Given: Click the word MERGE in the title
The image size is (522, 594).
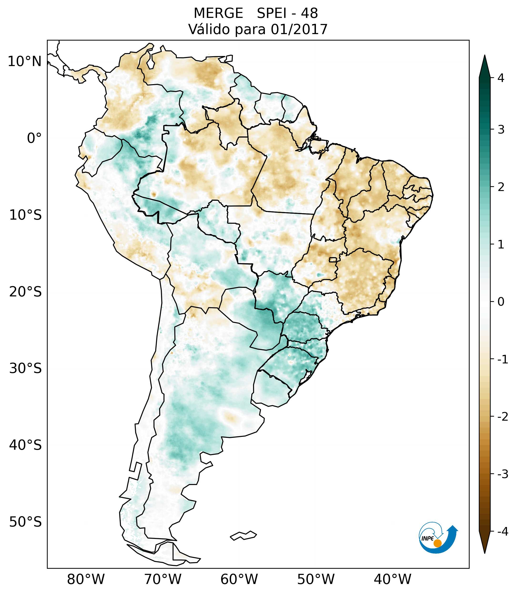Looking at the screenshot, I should tap(218, 13).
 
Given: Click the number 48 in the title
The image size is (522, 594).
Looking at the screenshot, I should tap(309, 13).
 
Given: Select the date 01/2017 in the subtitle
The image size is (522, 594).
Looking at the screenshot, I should tap(299, 29).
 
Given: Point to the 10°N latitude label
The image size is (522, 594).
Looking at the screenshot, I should tap(25, 62).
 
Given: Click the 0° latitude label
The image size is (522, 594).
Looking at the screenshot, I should tap(34, 138).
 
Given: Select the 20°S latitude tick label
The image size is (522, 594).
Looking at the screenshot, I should tap(25, 292).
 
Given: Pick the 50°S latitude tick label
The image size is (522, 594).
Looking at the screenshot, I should tap(25, 522).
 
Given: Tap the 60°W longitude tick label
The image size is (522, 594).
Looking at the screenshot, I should tap(239, 579).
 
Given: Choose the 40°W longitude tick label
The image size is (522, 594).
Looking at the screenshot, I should tap(393, 579).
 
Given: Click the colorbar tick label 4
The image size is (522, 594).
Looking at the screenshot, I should tap(501, 78).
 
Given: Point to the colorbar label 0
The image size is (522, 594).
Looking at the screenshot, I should tap(501, 302).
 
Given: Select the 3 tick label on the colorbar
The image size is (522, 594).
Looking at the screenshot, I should tap(501, 130).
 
